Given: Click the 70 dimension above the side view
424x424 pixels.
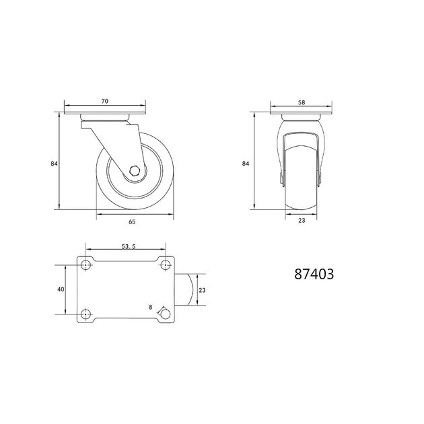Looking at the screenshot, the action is [x=104, y=101].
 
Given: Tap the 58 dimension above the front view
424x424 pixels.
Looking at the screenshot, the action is [x=302, y=102].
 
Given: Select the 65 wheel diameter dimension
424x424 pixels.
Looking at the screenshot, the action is [x=132, y=221].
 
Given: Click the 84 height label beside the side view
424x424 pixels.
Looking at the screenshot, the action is [x=54, y=164].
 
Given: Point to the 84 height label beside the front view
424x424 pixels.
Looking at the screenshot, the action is [x=245, y=164].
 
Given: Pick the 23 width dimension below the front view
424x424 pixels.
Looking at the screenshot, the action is [x=302, y=220].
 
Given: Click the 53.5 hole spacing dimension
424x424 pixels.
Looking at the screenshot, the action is [x=129, y=246].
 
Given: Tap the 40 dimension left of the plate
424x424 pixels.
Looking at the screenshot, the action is [x=61, y=289].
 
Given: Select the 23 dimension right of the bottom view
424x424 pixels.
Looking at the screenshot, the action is [x=202, y=290].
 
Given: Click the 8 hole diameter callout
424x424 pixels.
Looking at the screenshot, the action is [x=151, y=307].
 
